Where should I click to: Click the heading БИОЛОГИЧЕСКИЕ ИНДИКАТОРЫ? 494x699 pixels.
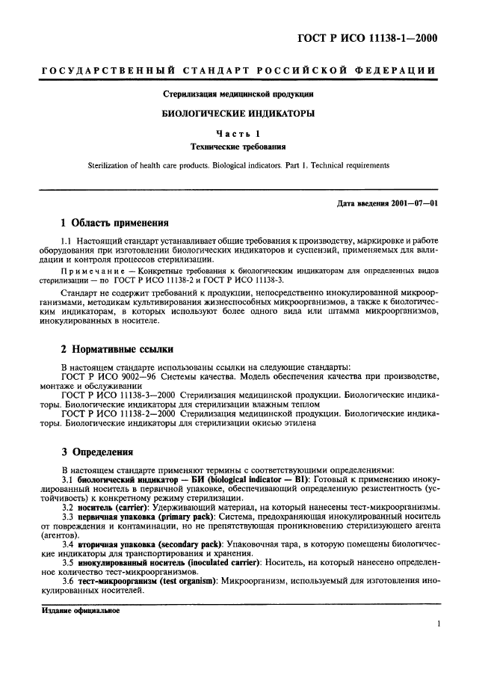coord(239,114)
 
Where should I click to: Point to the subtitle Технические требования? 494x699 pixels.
coord(239,147)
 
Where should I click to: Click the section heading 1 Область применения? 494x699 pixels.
coord(114,223)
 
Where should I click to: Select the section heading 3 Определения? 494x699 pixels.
coord(97,452)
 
